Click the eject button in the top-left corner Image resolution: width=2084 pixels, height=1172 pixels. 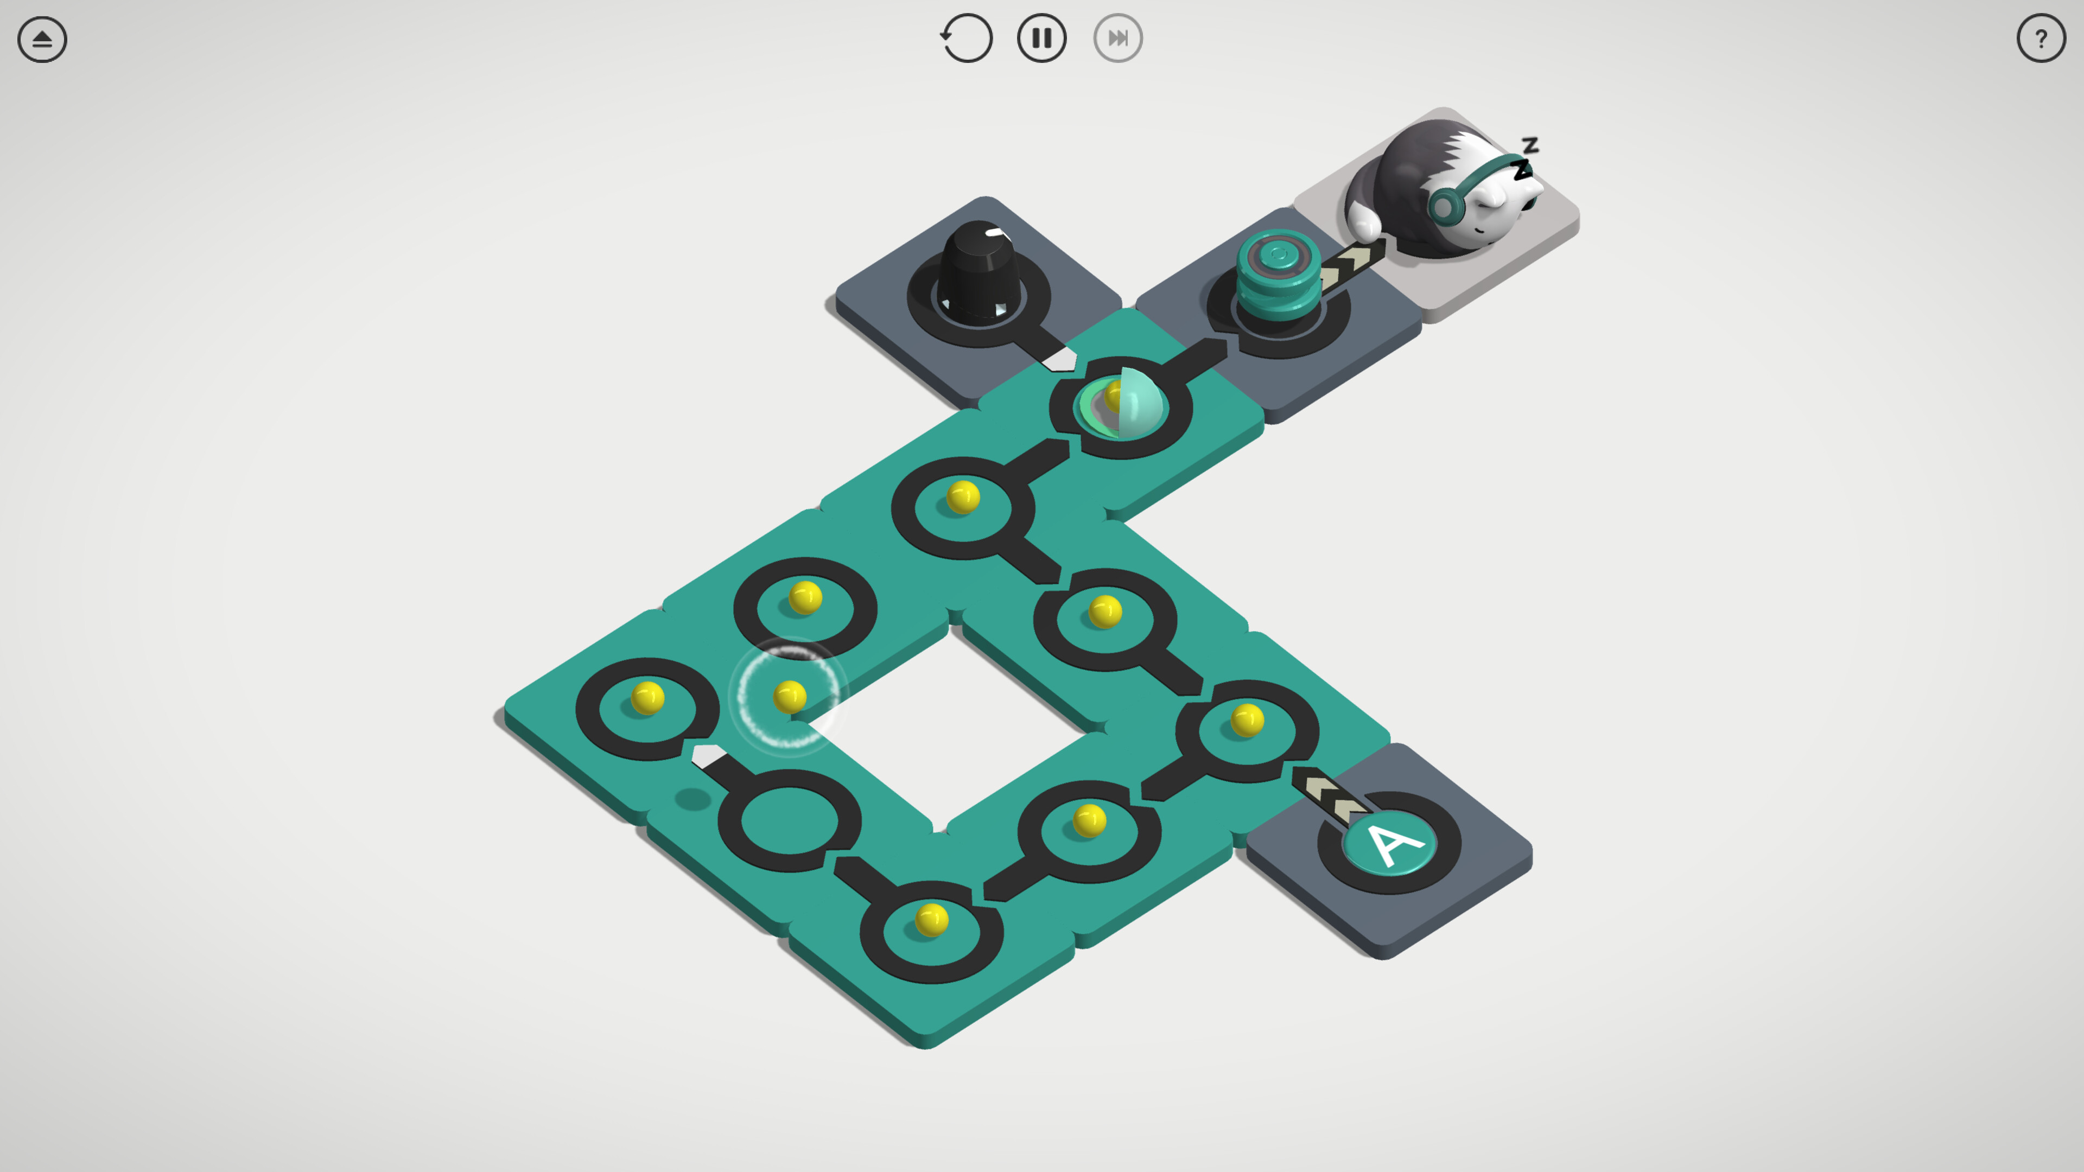point(42,39)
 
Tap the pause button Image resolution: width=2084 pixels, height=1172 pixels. point(1041,38)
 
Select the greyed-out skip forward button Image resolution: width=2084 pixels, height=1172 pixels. point(1117,38)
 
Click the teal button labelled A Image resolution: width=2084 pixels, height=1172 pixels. point(1389,844)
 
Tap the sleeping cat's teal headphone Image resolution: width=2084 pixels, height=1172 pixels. point(1444,203)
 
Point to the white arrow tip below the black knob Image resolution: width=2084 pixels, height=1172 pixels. point(1060,358)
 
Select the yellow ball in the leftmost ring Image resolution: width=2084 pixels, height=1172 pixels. point(647,698)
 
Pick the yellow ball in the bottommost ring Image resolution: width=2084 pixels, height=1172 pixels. point(931,920)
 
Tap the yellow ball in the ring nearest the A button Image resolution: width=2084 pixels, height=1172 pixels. point(1247,720)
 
